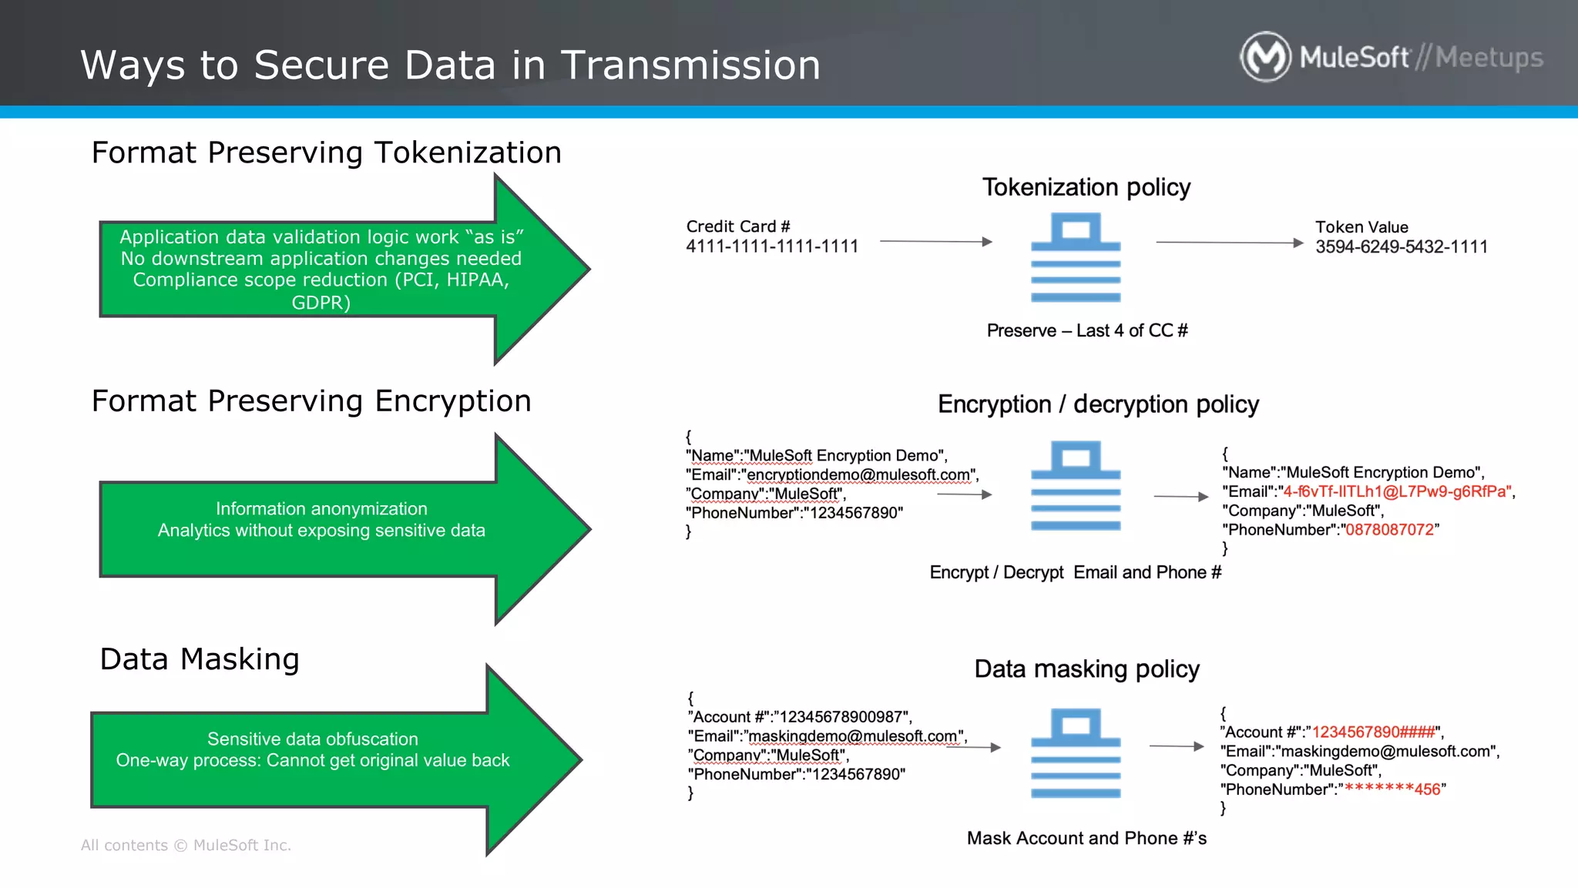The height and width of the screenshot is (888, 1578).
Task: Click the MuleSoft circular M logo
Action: [1265, 56]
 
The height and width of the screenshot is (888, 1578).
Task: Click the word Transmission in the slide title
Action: [690, 65]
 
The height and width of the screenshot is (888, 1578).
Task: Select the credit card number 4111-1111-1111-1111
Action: [772, 246]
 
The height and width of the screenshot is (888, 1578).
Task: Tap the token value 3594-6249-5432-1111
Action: [1401, 247]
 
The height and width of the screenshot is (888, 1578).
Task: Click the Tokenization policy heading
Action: [1086, 187]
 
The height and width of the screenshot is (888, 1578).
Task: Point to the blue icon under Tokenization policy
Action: [1076, 258]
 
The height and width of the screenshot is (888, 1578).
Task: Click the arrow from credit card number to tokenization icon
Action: [935, 242]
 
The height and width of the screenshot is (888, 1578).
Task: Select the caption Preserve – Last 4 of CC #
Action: [1086, 330]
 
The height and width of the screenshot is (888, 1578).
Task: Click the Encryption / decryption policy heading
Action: [1097, 404]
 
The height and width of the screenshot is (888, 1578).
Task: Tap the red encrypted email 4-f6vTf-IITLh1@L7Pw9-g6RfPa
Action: [1395, 491]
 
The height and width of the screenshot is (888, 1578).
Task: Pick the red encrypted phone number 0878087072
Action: [1389, 530]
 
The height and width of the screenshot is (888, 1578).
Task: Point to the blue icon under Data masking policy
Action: [1076, 753]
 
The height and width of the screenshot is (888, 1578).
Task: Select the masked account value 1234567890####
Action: [1373, 732]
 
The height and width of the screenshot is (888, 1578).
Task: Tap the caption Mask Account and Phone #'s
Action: [1086, 838]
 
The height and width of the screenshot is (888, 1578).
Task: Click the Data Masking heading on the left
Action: [200, 659]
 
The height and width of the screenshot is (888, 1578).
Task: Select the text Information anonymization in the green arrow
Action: [321, 509]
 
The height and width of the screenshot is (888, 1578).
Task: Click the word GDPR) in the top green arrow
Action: [321, 303]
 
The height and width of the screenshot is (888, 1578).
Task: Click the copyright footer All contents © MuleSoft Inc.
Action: [186, 845]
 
